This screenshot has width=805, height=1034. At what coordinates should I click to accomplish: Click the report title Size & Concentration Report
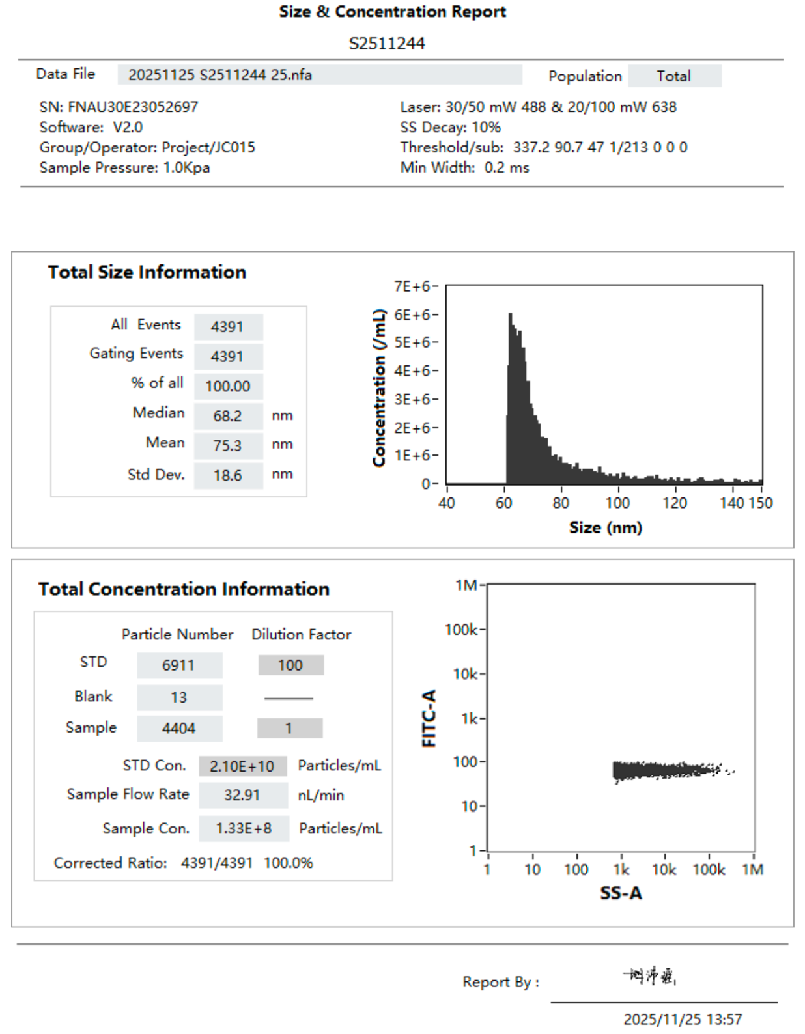pos(392,12)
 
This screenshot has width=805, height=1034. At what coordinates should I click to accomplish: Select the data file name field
pos(319,75)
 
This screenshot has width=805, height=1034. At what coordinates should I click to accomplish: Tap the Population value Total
pos(674,76)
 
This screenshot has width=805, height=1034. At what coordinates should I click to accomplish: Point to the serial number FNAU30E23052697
pos(133,107)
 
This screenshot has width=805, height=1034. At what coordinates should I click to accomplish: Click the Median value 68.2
pos(228,416)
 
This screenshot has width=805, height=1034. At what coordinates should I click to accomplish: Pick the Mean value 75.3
pos(228,446)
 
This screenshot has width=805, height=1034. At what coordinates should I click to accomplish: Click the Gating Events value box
pos(228,357)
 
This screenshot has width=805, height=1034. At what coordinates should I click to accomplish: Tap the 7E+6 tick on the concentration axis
pos(412,286)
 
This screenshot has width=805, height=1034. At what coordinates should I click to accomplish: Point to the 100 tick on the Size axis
pos(617,503)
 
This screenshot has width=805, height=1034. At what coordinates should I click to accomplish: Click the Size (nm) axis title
pos(606,527)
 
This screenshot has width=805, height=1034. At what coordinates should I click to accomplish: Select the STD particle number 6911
pos(179,665)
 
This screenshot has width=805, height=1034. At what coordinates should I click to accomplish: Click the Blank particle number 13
pos(179,697)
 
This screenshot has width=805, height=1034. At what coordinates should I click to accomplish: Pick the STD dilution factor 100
pos(290,665)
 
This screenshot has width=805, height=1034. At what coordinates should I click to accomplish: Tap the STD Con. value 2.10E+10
pos(242,766)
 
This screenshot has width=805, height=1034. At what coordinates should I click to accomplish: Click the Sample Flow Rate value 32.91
pos(242,795)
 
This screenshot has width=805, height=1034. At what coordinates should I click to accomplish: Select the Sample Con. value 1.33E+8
pos(244,828)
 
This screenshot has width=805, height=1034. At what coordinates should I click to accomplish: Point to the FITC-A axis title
pos(429,718)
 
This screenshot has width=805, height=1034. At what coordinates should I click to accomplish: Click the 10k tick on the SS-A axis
pos(664,870)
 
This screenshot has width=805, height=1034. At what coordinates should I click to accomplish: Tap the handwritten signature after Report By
pos(650,976)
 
